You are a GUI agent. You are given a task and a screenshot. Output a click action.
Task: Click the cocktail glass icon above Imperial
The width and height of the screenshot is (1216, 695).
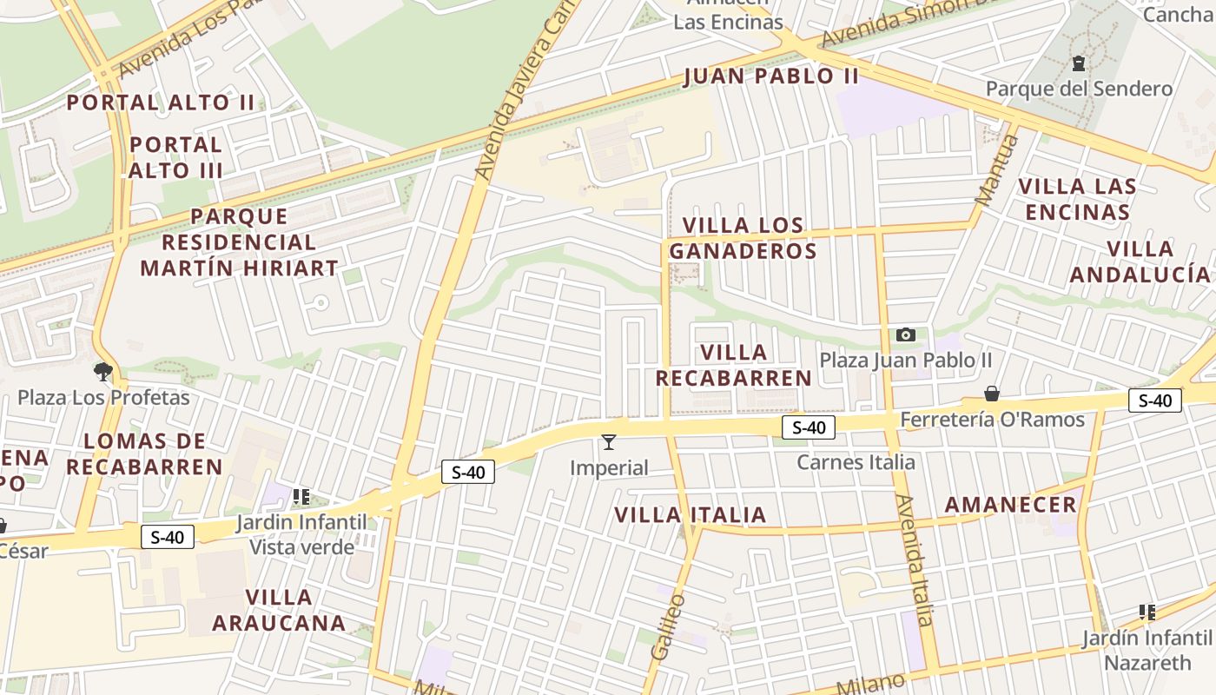(x=609, y=442)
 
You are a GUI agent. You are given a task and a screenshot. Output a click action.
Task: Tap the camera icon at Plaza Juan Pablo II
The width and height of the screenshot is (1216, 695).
(x=905, y=334)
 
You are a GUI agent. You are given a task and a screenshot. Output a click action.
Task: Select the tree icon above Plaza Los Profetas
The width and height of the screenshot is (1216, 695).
(x=103, y=373)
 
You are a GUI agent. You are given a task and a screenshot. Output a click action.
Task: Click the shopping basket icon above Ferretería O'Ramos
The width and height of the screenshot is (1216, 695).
(x=992, y=394)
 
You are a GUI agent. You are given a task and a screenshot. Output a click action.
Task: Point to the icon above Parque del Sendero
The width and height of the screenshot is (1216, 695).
(x=1078, y=63)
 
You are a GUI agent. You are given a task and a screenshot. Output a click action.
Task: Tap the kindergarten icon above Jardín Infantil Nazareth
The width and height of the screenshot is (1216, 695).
(x=1147, y=612)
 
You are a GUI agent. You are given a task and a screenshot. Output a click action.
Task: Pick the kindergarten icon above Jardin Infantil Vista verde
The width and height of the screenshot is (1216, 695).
(x=301, y=497)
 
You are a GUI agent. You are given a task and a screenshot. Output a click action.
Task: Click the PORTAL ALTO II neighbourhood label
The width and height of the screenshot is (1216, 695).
(x=161, y=103)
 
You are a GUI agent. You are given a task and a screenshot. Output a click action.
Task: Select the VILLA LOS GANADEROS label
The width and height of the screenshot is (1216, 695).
(x=743, y=238)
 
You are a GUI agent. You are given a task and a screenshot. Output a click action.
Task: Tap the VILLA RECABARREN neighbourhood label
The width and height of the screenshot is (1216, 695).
(x=734, y=365)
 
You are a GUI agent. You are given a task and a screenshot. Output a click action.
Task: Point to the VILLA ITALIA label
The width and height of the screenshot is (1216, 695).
(x=691, y=515)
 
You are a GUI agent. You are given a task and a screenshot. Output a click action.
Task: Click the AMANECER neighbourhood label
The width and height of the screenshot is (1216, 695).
(x=1010, y=505)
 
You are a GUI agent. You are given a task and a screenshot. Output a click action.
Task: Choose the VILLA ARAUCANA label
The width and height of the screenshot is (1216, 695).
(x=279, y=610)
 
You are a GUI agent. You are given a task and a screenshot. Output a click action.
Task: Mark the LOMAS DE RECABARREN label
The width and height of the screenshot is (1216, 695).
(x=145, y=453)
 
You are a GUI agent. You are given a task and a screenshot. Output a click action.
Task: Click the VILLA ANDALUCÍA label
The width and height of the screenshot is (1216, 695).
(x=1140, y=261)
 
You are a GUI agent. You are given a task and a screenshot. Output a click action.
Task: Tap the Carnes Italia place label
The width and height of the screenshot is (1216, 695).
(x=856, y=462)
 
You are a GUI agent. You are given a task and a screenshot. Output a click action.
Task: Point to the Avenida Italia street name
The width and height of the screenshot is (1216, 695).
(x=915, y=560)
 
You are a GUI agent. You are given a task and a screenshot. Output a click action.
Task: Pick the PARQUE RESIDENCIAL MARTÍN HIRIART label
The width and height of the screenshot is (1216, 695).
(x=239, y=242)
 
